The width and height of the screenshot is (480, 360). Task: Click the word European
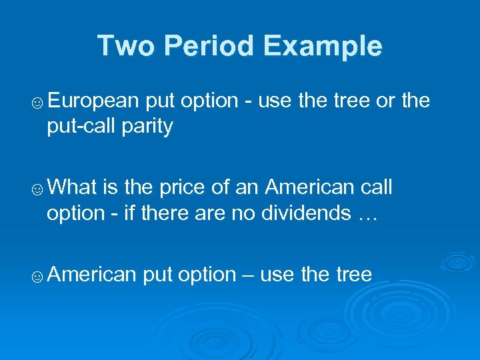point(93,101)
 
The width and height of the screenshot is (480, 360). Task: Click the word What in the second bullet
point(73,188)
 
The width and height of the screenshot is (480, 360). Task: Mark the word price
point(183,188)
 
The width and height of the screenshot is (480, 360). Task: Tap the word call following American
point(371,188)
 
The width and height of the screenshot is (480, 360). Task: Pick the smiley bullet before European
point(38,103)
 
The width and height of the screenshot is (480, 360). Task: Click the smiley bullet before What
point(38,189)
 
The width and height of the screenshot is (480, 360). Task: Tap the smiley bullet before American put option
point(38,276)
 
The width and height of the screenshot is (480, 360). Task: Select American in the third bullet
point(93,275)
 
